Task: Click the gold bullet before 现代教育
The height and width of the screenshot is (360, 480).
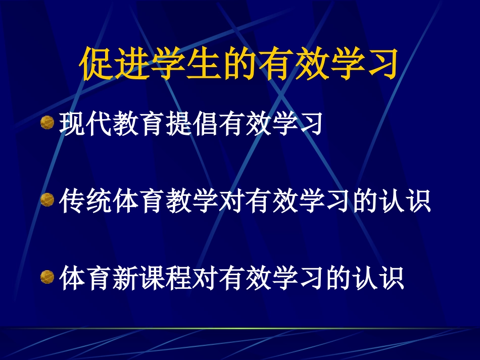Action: tap(47, 123)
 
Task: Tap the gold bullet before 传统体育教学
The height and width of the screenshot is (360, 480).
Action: tap(47, 200)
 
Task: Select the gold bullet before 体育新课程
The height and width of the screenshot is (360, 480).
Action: tap(47, 277)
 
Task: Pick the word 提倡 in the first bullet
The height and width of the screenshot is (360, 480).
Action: tap(191, 124)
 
